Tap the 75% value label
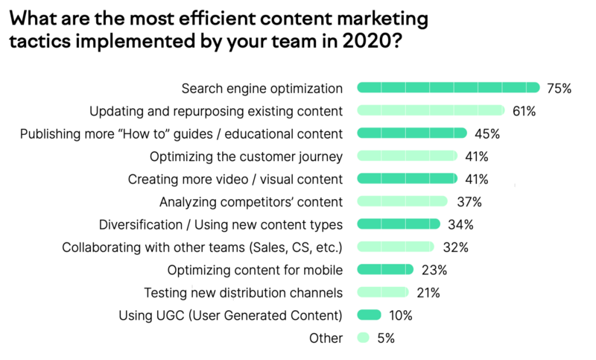pyautogui.click(x=559, y=89)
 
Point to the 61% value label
pyautogui.click(x=524, y=111)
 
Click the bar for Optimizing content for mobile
pyautogui.click(x=385, y=269)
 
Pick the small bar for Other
pyautogui.click(x=364, y=337)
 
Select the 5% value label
pyautogui.click(x=385, y=338)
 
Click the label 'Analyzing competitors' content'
pyautogui.click(x=251, y=201)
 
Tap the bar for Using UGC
pyautogui.click(x=370, y=315)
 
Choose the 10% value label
pyautogui.click(x=400, y=315)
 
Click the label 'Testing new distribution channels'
pyautogui.click(x=243, y=292)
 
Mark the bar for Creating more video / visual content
pyautogui.click(x=407, y=179)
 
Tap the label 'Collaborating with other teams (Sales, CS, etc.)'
pyautogui.click(x=202, y=247)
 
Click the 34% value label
pyautogui.click(x=461, y=224)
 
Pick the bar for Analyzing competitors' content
pyautogui.click(x=402, y=201)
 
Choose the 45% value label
pyautogui.click(x=486, y=134)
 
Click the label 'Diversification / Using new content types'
pyautogui.click(x=221, y=224)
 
